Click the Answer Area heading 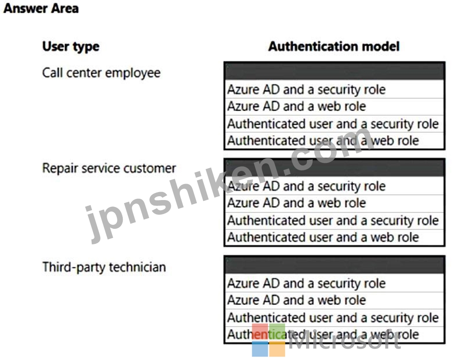coord(41,8)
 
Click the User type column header coord(71,47)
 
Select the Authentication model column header coord(334,46)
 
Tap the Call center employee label coord(101,73)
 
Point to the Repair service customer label coord(109,168)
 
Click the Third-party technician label coord(104,267)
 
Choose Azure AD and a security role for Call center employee coord(306,89)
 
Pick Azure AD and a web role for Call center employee coord(297,106)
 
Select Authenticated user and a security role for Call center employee coord(333,124)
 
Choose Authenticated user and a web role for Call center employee coord(323,141)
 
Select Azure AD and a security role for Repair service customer coord(306,187)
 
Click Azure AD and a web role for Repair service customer coord(297,203)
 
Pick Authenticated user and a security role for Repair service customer coord(333,221)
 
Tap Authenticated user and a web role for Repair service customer coord(323,237)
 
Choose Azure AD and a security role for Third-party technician coord(306,283)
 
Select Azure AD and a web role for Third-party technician coord(297,300)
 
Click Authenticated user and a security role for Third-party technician coord(333,318)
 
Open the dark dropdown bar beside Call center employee coord(335,71)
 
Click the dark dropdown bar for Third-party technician coord(335,265)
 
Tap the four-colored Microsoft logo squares coord(269,340)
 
